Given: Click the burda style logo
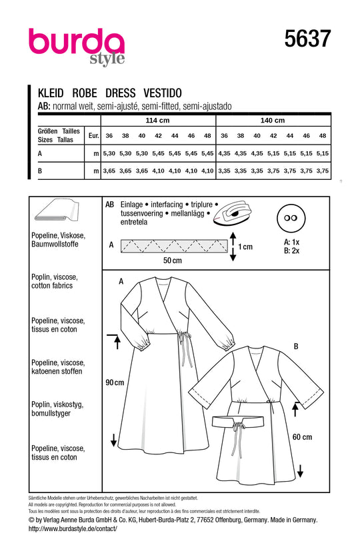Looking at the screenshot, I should click(76, 45).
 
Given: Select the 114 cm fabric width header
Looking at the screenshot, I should click(157, 121).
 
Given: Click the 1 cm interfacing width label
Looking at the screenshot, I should click(245, 247).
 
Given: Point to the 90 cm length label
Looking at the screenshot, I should click(115, 383).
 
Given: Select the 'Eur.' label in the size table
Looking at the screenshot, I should click(94, 135).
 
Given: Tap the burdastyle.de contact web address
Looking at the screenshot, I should click(73, 528).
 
